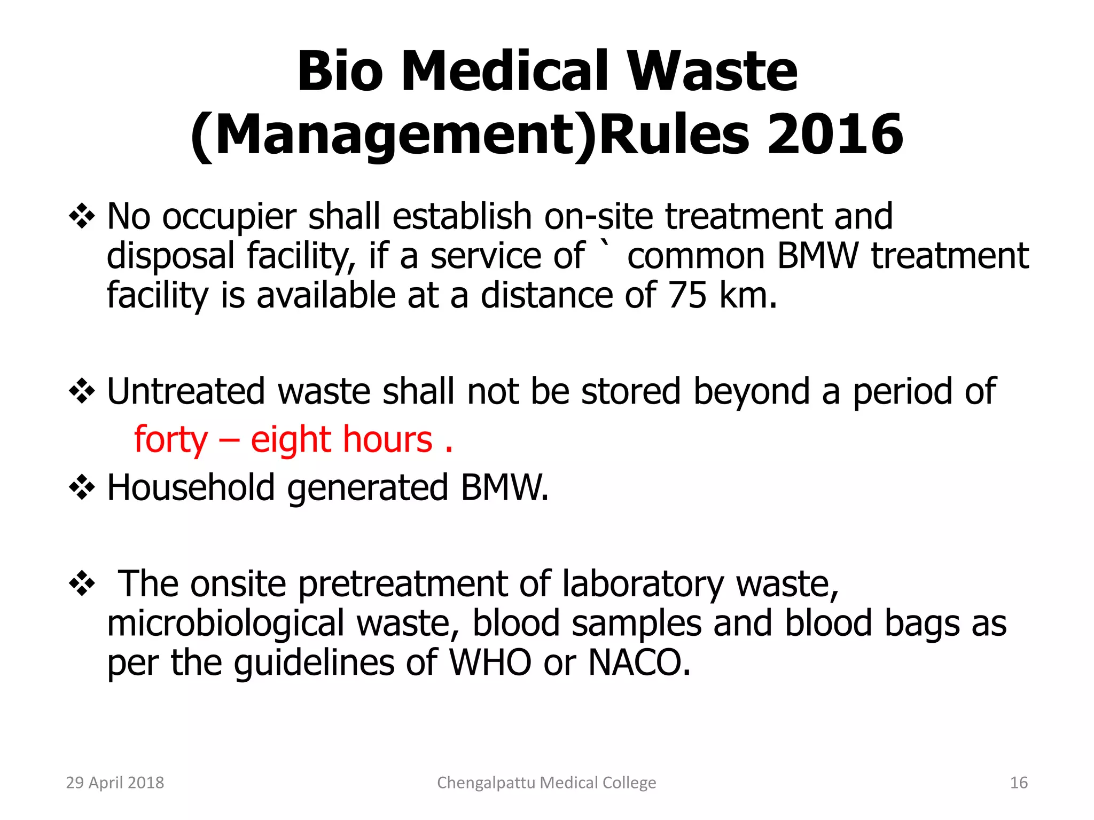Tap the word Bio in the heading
tap(340, 71)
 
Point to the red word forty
tap(170, 439)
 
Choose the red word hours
tap(387, 439)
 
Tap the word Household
tap(191, 487)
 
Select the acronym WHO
tap(490, 663)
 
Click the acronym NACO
tap(639, 663)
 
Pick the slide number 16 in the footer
tap(1019, 783)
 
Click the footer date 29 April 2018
tap(115, 783)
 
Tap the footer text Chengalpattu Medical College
tap(546, 783)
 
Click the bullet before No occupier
tap(82, 216)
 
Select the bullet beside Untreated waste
tap(82, 391)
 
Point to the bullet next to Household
tap(82, 487)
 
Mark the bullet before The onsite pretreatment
tap(82, 583)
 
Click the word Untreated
tap(186, 391)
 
